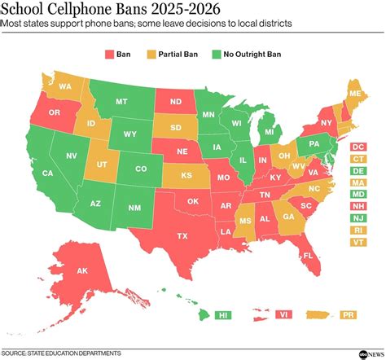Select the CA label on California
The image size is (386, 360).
tap(48, 173)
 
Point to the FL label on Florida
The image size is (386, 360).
tap(309, 255)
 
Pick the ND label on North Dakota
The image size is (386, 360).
tap(175, 103)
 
